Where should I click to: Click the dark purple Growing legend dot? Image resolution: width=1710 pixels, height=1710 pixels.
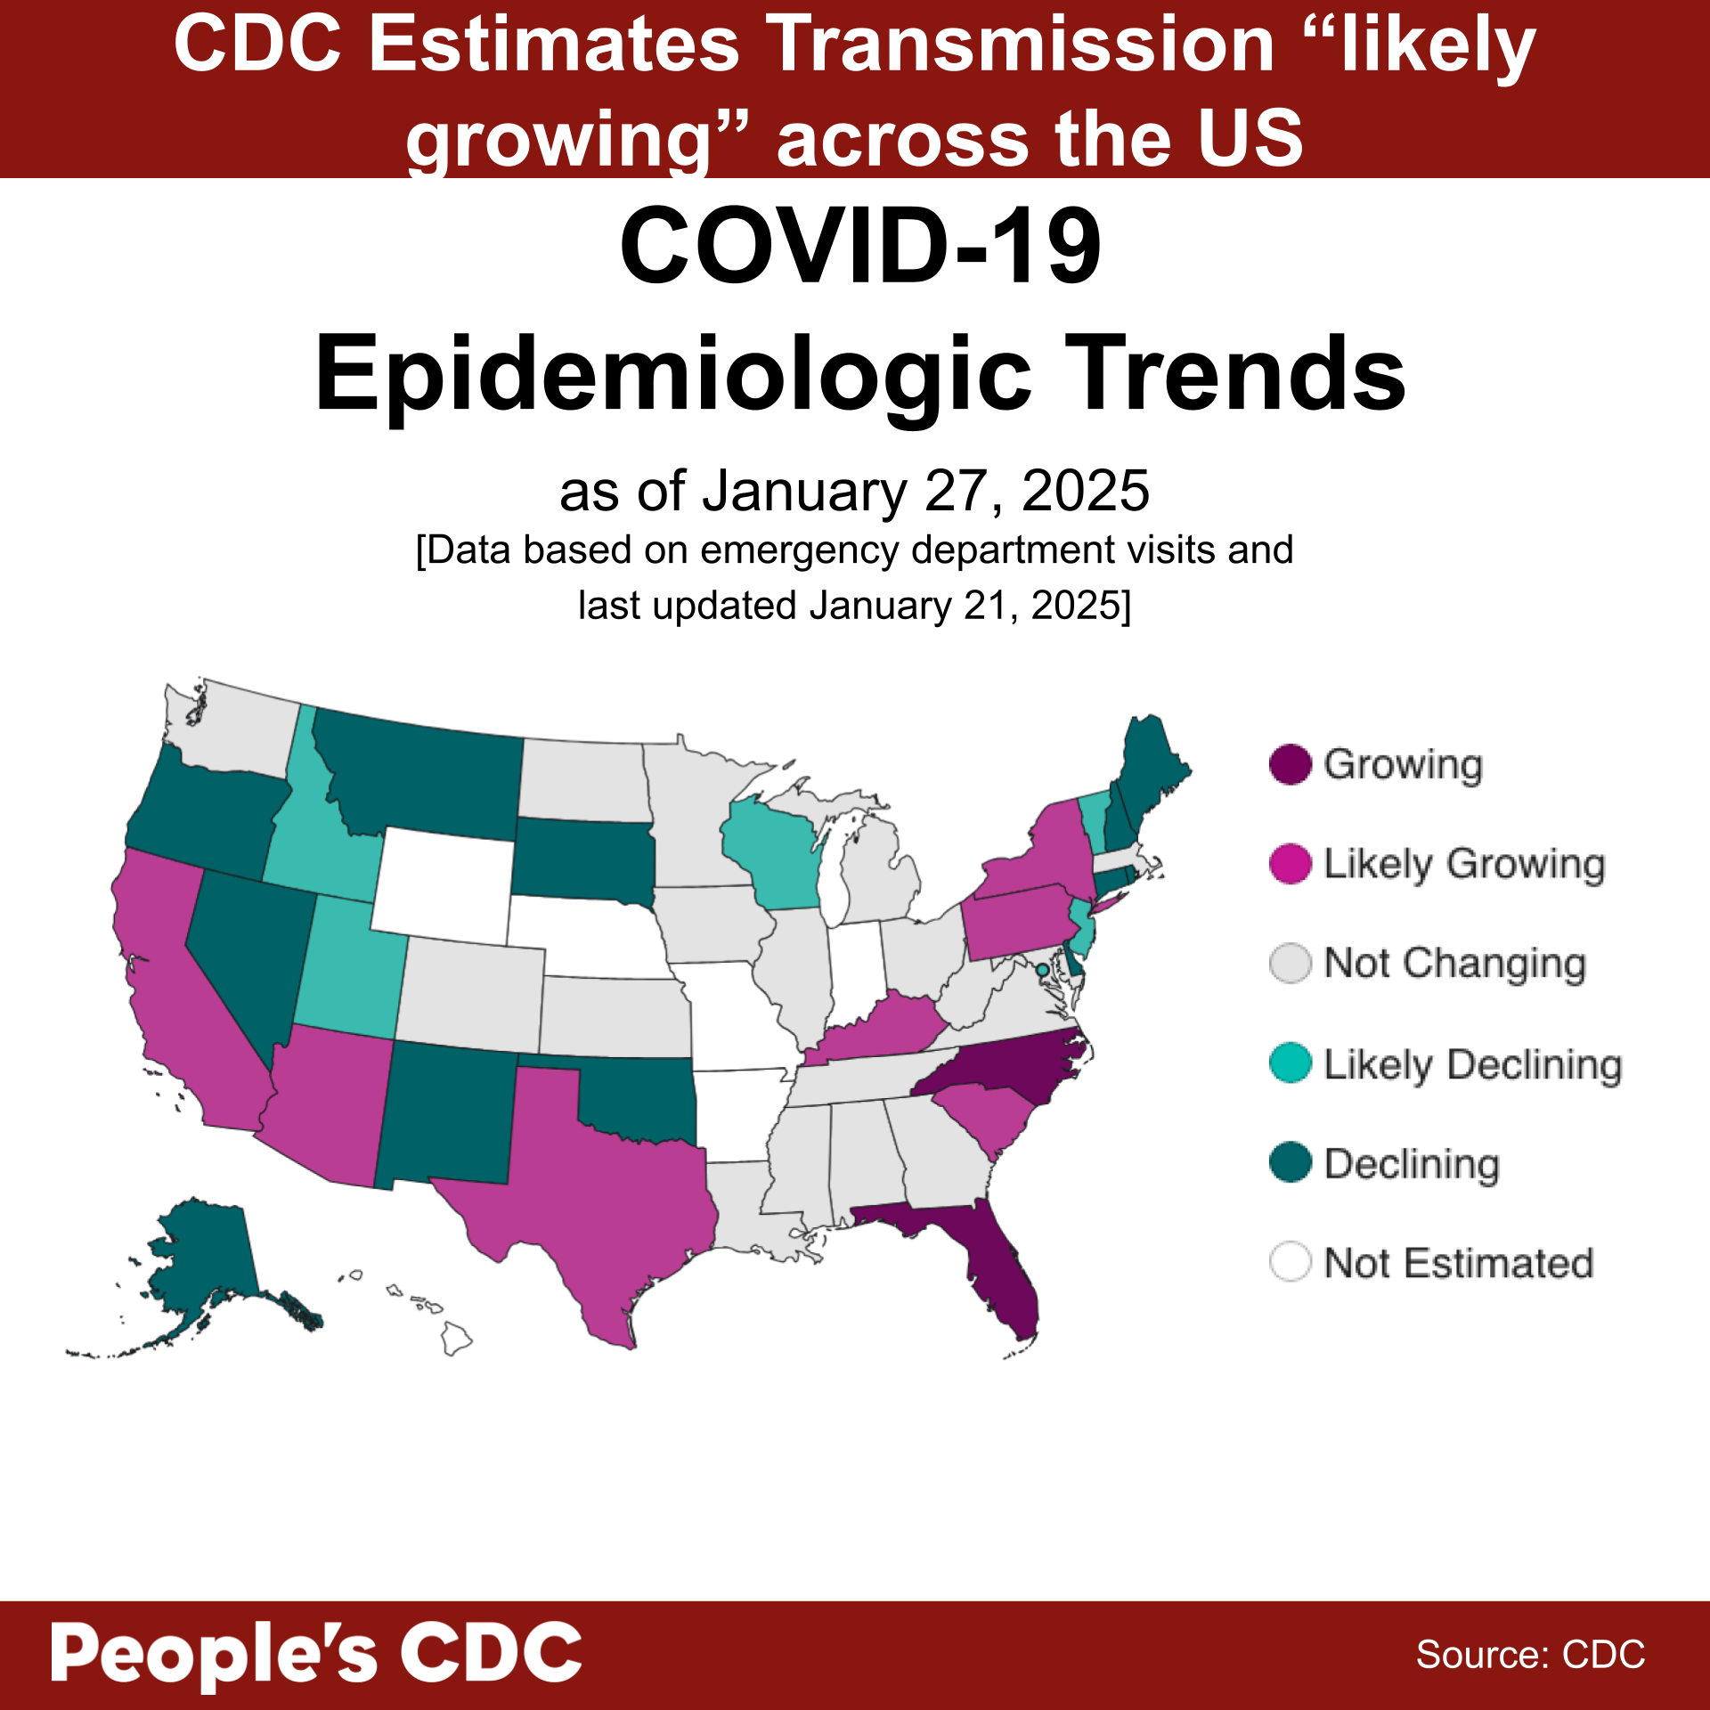pos(1290,764)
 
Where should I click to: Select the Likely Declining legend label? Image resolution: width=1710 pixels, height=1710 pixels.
pos(1472,1064)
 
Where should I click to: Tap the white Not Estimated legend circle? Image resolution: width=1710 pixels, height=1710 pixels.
pos(1290,1262)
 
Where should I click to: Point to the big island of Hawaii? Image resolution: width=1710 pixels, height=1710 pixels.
pos(456,1337)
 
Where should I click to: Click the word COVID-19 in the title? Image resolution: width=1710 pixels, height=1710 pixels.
pos(860,245)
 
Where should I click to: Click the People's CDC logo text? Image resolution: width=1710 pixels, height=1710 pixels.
pos(316,1653)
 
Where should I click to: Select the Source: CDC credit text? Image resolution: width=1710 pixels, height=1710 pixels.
pos(1530,1654)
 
